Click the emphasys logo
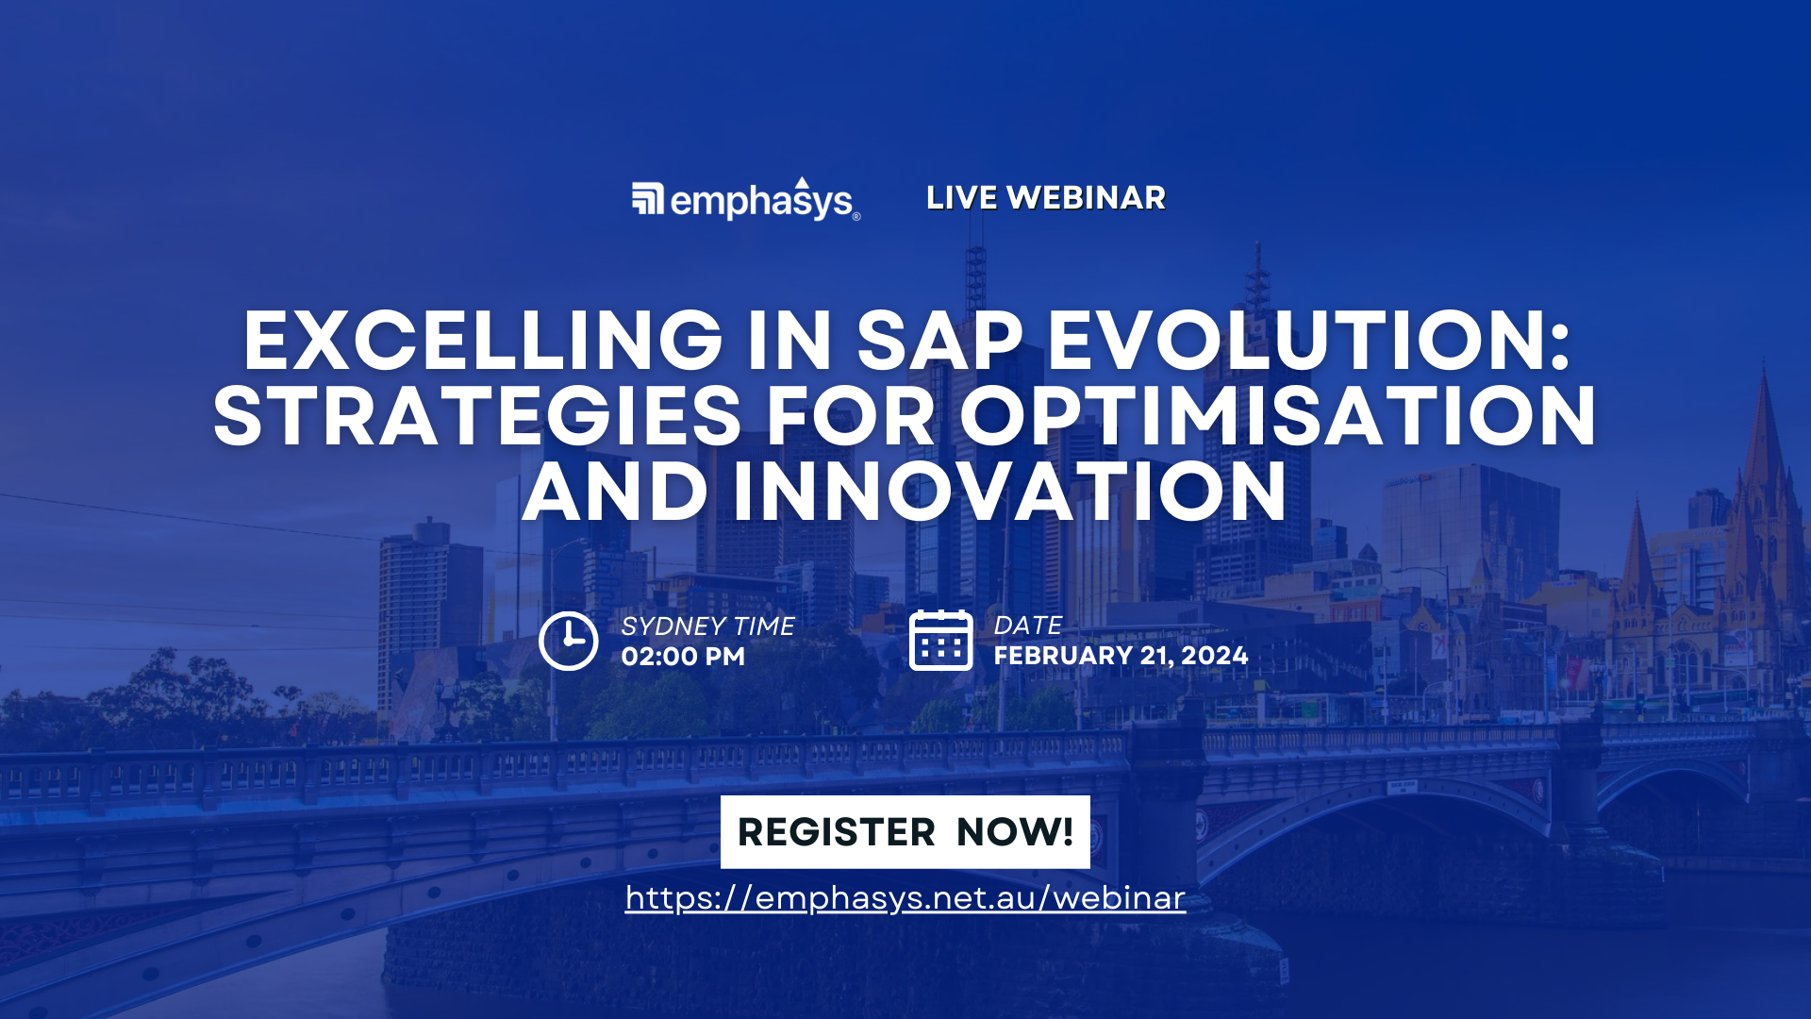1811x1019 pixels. click(x=745, y=200)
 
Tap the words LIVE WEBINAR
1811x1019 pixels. click(x=1045, y=198)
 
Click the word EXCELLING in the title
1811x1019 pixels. click(x=483, y=341)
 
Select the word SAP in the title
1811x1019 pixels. click(x=939, y=341)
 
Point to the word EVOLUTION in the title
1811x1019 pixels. click(x=1308, y=341)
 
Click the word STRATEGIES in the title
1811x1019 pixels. click(x=477, y=417)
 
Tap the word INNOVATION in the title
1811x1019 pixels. click(x=1009, y=493)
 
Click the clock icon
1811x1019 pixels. click(x=568, y=642)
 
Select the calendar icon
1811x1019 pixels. click(x=940, y=641)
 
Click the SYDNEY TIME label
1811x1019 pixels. click(x=707, y=626)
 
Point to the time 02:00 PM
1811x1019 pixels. click(x=683, y=657)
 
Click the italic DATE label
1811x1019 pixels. click(x=1027, y=626)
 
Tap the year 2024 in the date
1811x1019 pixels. click(x=1214, y=656)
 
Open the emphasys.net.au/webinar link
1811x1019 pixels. click(x=905, y=898)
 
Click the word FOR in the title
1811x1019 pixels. click(x=851, y=417)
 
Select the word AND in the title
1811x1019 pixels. click(x=615, y=493)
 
